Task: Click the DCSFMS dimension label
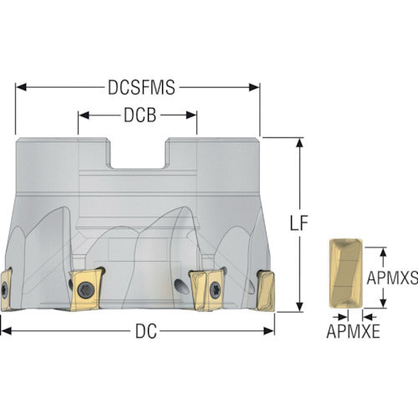[x=141, y=87]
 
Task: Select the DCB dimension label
[x=140, y=115]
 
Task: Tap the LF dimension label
[x=298, y=223]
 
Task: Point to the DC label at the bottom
[x=146, y=331]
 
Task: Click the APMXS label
[x=392, y=278]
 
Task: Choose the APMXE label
[x=353, y=331]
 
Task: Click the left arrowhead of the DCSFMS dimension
[x=21, y=87]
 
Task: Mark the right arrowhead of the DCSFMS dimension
[x=254, y=87]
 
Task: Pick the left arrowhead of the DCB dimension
[x=84, y=115]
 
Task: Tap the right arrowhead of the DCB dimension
[x=191, y=115]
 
